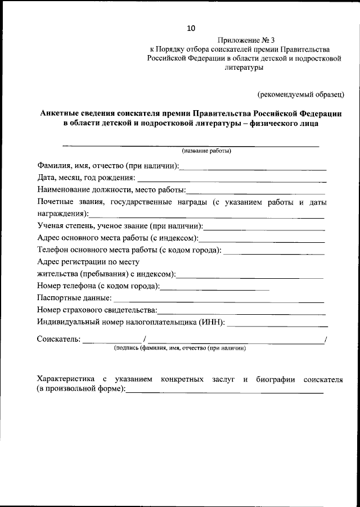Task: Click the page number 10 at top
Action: [x=191, y=28]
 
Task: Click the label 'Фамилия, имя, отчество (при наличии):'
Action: [x=108, y=166]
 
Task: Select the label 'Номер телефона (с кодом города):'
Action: [x=98, y=287]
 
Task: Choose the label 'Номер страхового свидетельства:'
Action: [x=97, y=310]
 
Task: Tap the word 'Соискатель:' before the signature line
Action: [x=58, y=339]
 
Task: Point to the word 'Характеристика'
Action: [x=65, y=379]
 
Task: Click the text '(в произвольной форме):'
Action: [x=81, y=390]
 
